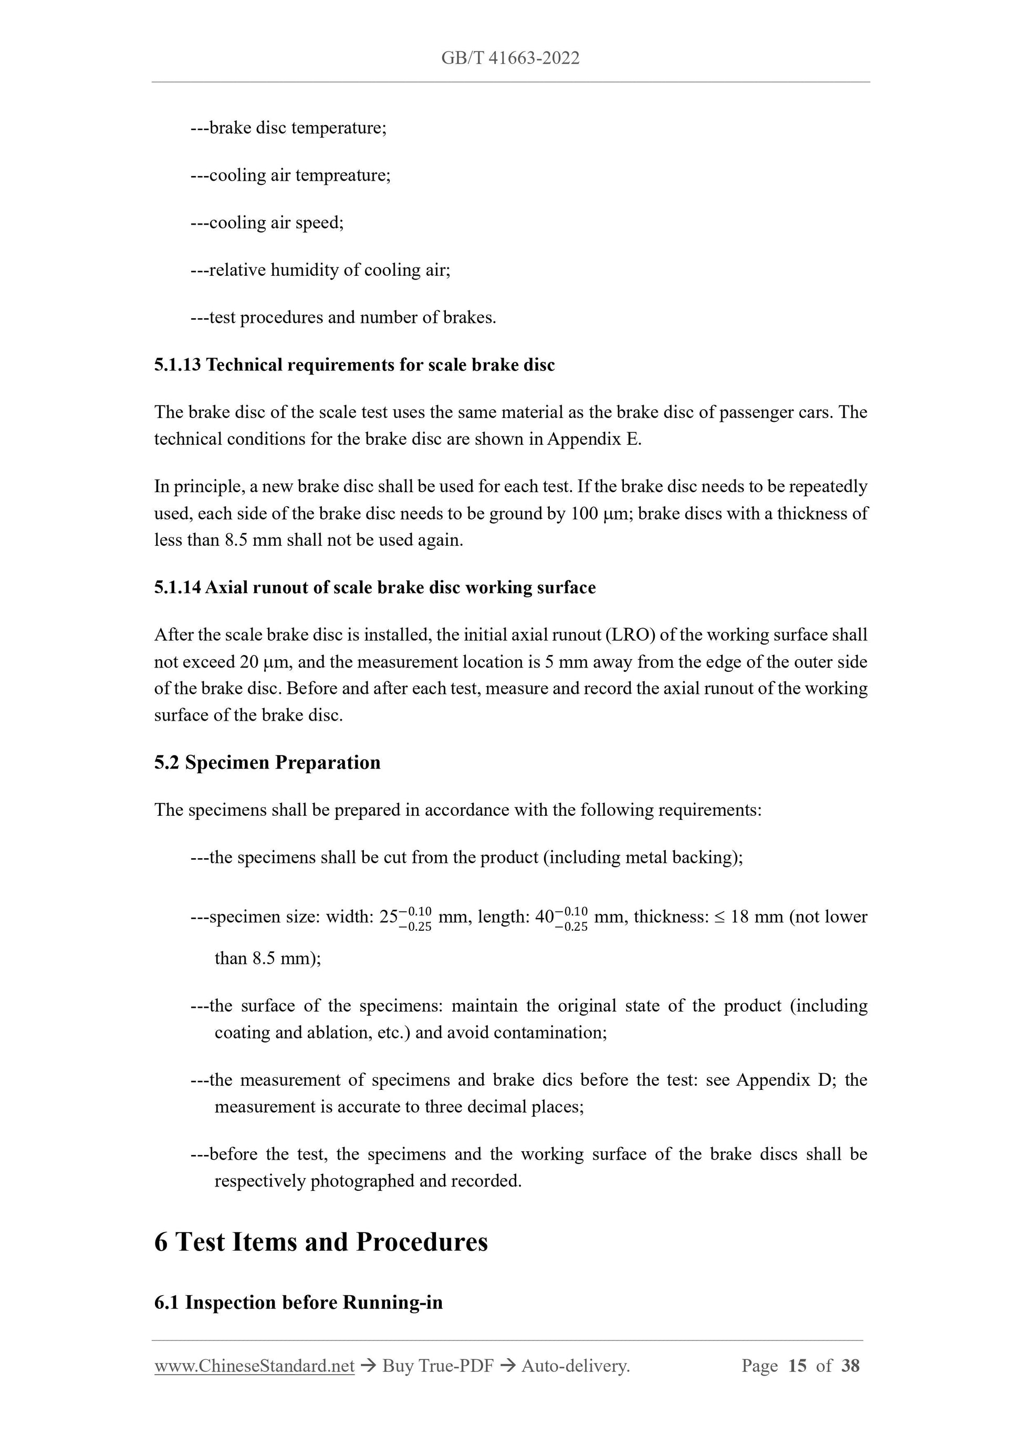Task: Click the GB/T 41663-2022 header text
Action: click(x=510, y=59)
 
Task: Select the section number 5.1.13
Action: click(x=178, y=365)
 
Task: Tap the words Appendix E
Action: click(x=594, y=439)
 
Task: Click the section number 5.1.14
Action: click(x=178, y=588)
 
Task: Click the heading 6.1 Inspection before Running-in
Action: click(x=298, y=1303)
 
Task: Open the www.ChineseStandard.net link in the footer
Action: click(x=254, y=1366)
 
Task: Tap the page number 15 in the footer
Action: click(x=797, y=1366)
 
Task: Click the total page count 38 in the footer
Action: click(x=850, y=1366)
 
